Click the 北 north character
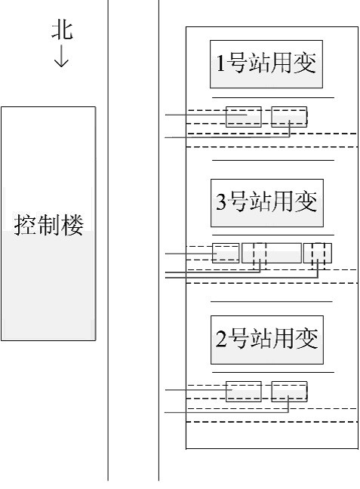tap(62, 30)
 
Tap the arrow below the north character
tap(61, 56)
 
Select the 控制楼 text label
tap(48, 225)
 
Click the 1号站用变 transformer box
tap(266, 64)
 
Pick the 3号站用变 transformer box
tap(267, 203)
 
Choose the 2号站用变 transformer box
tap(267, 340)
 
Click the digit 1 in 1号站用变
tap(220, 63)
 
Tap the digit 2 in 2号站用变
tap(221, 338)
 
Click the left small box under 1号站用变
tap(244, 117)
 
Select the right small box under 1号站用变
tap(289, 117)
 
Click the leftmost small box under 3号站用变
tap(226, 253)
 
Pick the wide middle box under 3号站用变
tap(272, 253)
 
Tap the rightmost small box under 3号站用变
tap(318, 253)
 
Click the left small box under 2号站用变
tap(244, 392)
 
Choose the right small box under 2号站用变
tap(289, 392)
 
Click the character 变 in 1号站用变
tap(305, 63)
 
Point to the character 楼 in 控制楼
tap(72, 225)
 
